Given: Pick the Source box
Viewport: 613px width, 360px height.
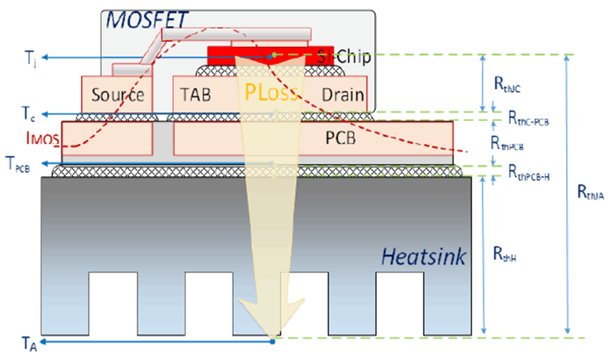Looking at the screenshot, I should pos(118,95).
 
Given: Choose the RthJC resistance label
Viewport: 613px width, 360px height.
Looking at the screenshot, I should pos(508,85).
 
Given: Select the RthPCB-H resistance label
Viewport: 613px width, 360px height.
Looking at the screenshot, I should pos(529,172).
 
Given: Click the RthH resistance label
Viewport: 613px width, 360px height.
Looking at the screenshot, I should pos(504,253).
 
